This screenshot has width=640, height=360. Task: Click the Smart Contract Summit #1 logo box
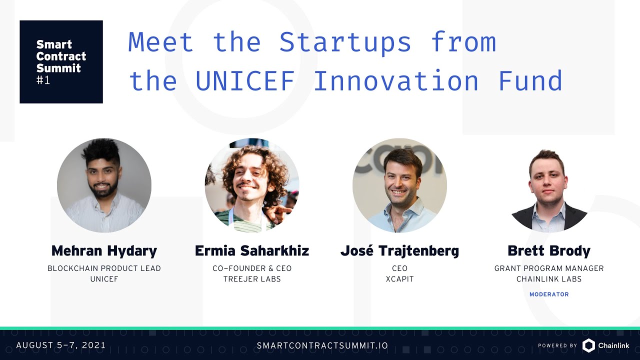(x=61, y=61)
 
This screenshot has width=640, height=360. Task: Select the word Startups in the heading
(x=345, y=42)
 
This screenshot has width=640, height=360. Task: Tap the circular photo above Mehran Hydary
(x=104, y=185)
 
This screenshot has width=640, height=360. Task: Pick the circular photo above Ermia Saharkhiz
(x=252, y=185)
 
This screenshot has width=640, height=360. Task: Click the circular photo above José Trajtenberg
(x=399, y=185)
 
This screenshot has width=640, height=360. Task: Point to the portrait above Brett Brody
(x=549, y=190)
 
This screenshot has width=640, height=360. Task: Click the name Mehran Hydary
(x=104, y=250)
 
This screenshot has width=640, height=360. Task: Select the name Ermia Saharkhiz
(x=252, y=250)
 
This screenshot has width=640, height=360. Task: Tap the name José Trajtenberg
(x=399, y=250)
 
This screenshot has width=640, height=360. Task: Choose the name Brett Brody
(x=549, y=250)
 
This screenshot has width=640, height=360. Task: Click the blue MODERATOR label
(x=549, y=294)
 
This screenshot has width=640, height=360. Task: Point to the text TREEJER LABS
(x=252, y=279)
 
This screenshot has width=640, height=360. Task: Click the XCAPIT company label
(x=399, y=279)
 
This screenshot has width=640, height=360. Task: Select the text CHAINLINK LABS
(x=549, y=279)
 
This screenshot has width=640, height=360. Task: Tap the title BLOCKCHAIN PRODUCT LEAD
(x=104, y=268)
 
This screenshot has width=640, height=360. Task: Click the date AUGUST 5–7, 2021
(x=61, y=345)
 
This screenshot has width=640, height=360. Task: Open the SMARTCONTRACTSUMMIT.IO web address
(x=322, y=345)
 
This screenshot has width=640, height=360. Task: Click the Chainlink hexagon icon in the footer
(x=588, y=345)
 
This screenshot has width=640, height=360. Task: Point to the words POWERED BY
(x=557, y=345)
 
